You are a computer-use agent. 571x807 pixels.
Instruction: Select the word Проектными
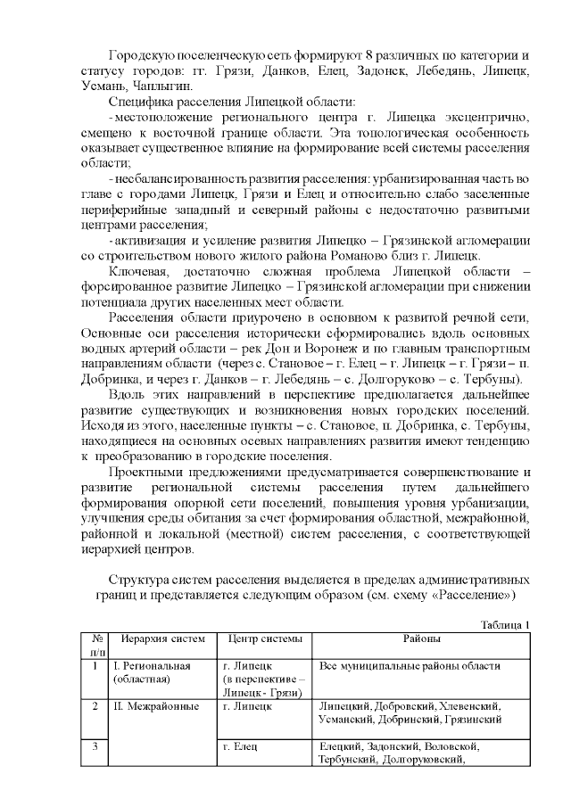[145, 470]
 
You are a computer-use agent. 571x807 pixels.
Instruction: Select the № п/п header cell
[95, 646]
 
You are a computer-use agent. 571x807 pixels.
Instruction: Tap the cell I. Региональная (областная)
[153, 672]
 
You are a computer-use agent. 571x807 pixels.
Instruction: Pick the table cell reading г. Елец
[242, 745]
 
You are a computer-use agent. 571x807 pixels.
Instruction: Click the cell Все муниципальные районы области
[410, 665]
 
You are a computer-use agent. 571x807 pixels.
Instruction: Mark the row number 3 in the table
[95, 745]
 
